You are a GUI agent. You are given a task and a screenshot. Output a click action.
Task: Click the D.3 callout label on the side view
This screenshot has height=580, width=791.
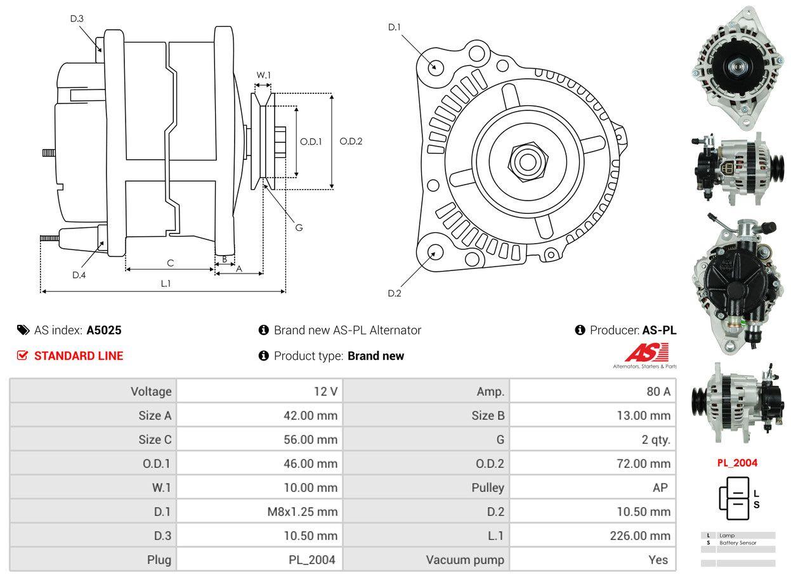(x=77, y=18)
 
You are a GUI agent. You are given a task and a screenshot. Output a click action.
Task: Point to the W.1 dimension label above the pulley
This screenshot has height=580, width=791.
(x=263, y=75)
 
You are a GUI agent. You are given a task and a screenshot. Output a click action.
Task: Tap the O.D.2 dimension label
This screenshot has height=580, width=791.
(x=351, y=141)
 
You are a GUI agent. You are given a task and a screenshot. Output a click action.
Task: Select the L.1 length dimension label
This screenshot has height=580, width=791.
(x=165, y=284)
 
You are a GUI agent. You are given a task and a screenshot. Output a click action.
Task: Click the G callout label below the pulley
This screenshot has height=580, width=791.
(x=299, y=227)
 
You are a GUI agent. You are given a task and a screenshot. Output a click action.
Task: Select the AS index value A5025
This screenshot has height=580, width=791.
(x=104, y=330)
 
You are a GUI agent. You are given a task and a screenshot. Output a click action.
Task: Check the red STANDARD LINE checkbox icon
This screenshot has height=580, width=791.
(x=22, y=355)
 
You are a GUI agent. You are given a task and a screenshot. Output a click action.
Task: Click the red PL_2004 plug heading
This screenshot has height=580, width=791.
(x=737, y=463)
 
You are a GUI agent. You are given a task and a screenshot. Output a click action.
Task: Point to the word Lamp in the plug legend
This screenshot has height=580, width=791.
(x=727, y=536)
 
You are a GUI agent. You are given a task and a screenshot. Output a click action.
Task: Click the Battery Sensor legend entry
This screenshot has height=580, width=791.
(x=738, y=543)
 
